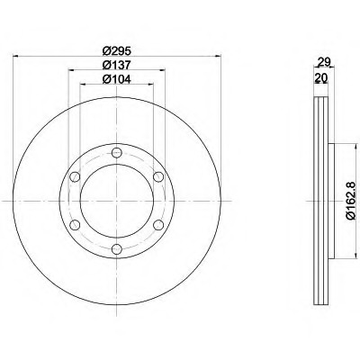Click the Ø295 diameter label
pyautogui.click(x=117, y=51)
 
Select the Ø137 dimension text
pyautogui.click(x=117, y=65)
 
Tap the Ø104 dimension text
pyautogui.click(x=117, y=79)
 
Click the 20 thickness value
pyautogui.click(x=320, y=78)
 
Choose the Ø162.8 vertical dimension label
pyautogui.click(x=353, y=201)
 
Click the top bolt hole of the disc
pyautogui.click(x=116, y=153)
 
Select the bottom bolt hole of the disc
pyautogui.click(x=116, y=248)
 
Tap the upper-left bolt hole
pyautogui.click(x=75, y=176)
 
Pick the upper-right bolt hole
pyautogui.click(x=158, y=176)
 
